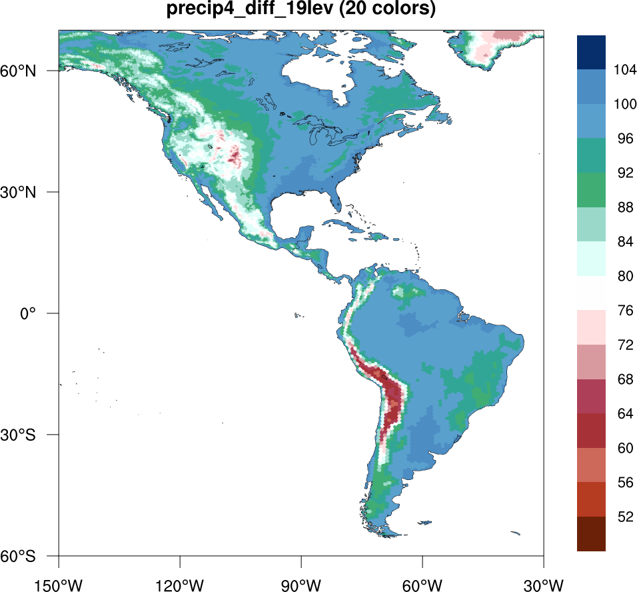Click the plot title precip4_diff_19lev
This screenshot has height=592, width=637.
click(x=301, y=10)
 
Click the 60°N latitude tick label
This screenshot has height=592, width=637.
click(x=31, y=71)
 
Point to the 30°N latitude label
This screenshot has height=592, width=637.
click(x=31, y=192)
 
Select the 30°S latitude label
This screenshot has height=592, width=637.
click(x=31, y=435)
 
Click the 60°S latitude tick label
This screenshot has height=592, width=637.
click(x=31, y=556)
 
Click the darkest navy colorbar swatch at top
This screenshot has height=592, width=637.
click(x=591, y=52)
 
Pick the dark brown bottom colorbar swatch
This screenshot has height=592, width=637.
click(x=591, y=534)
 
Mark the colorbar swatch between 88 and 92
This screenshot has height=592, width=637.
click(x=591, y=190)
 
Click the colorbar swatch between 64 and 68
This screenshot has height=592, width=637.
click(x=591, y=396)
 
